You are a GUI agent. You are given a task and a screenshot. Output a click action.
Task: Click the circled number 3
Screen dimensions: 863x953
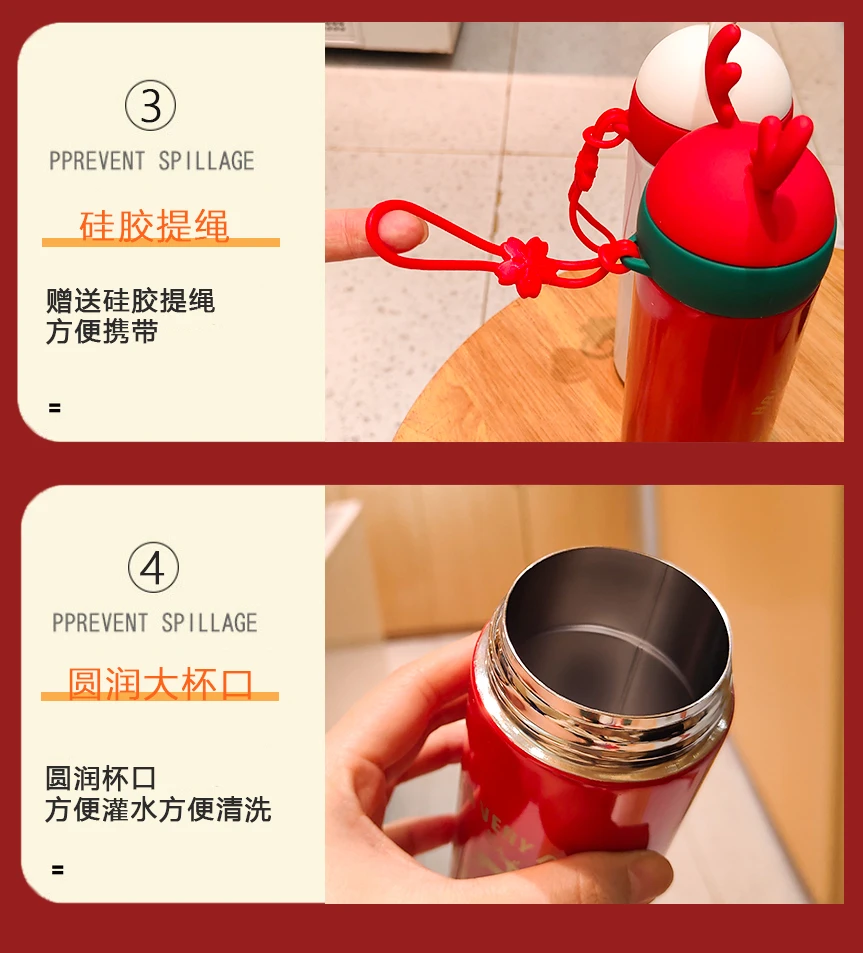point(151,105)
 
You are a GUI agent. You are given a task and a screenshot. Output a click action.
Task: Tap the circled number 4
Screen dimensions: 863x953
point(153,568)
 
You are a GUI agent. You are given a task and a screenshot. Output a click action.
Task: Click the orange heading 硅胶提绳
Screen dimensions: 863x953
point(154,225)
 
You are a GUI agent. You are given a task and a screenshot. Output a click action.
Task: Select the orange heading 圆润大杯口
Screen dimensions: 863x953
point(160,684)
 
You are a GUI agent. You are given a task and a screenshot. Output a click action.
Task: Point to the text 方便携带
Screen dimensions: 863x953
point(102,331)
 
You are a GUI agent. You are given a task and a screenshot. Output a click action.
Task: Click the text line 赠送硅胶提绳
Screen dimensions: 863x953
point(131,301)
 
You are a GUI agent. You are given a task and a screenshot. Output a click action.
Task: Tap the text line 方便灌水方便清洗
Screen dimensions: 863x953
point(158,810)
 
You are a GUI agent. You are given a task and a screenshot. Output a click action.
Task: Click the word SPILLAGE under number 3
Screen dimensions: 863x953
point(207,161)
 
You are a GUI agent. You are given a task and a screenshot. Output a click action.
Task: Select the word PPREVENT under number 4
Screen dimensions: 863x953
point(100,623)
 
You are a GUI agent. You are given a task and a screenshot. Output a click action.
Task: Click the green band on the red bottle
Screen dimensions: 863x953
point(729,267)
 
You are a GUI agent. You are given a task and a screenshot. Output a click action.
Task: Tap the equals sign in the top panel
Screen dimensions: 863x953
point(55,408)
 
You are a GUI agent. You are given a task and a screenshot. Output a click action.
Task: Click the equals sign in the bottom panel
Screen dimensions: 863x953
point(58,870)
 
